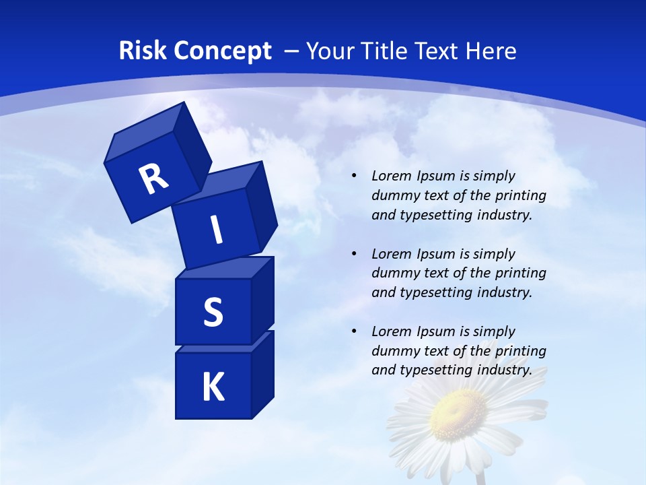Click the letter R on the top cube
point(153,179)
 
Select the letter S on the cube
point(213,313)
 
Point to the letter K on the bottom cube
point(213,387)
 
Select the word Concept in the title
point(222,51)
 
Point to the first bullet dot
point(354,176)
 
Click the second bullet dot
point(354,254)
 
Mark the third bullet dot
point(354,331)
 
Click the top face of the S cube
point(225,268)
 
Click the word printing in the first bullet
point(523,195)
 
